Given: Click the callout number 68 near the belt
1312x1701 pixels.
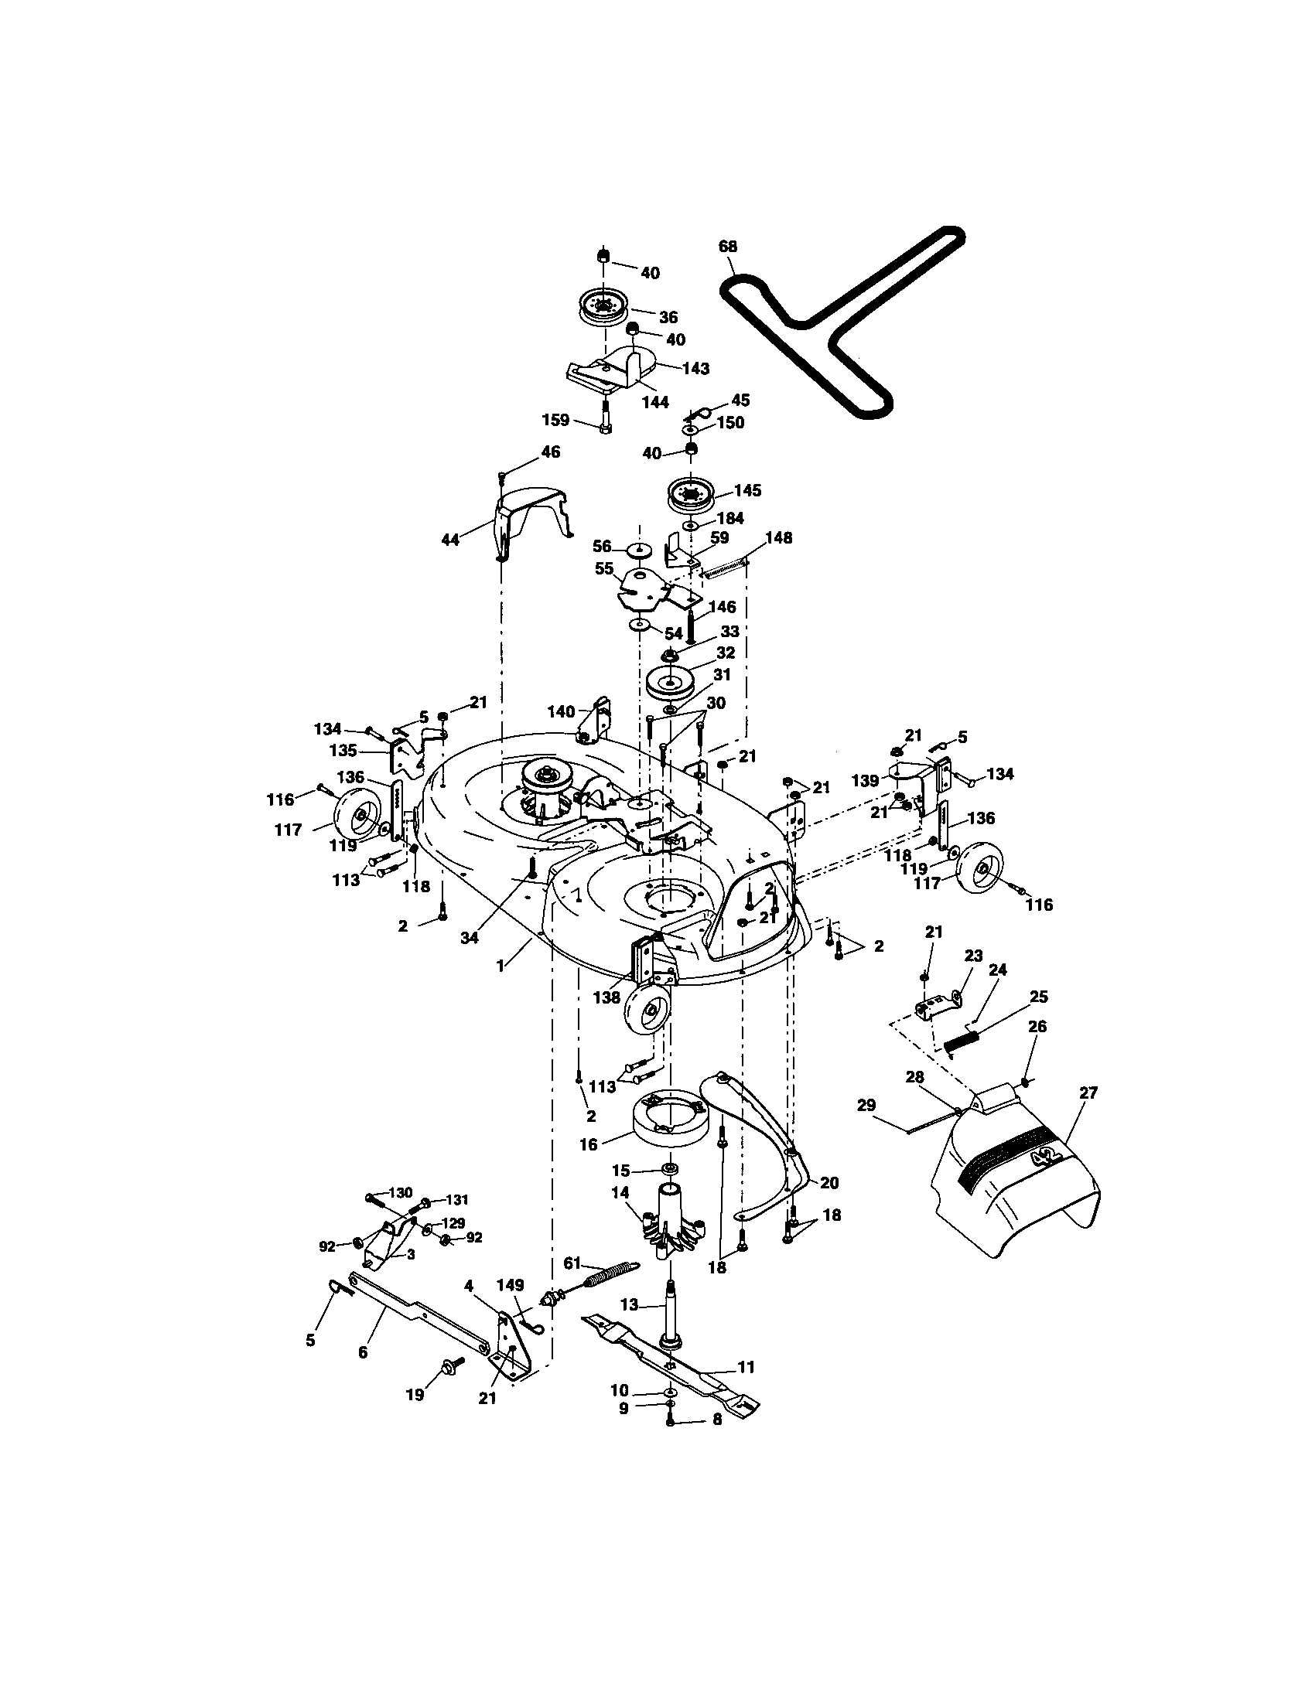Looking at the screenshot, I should click(x=728, y=246).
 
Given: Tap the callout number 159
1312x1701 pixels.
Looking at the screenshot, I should click(x=556, y=421).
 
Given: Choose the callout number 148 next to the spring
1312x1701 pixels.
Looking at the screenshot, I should click(x=778, y=537).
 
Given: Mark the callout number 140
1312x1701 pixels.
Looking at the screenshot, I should click(x=561, y=711).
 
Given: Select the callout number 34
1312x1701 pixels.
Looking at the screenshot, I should click(x=469, y=938).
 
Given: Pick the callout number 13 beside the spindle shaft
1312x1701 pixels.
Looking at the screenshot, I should click(x=628, y=1304).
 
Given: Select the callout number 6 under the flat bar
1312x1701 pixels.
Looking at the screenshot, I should click(x=362, y=1352).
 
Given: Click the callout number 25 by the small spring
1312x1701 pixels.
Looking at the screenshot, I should click(x=1038, y=996).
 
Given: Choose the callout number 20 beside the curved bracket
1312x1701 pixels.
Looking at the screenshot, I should click(x=830, y=1182).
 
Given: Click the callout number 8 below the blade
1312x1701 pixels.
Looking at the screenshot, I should click(x=717, y=1419).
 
